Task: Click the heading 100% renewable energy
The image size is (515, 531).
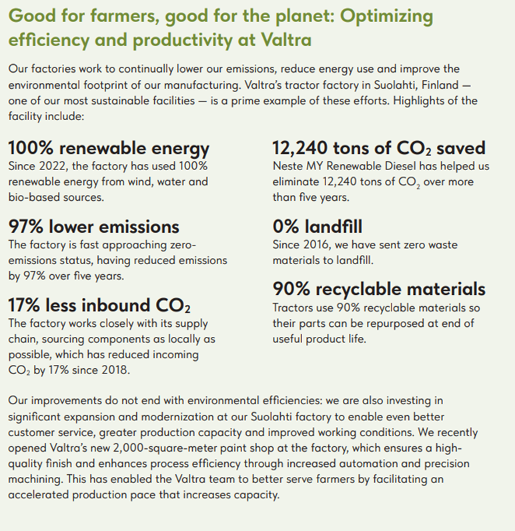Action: click(x=109, y=147)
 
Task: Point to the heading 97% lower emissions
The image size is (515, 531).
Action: click(x=93, y=227)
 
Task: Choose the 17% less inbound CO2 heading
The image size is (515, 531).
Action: click(x=99, y=306)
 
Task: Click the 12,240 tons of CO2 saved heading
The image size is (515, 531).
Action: click(x=378, y=147)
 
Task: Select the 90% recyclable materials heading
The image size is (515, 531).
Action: click(x=378, y=289)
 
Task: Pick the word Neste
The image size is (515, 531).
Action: click(x=288, y=165)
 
